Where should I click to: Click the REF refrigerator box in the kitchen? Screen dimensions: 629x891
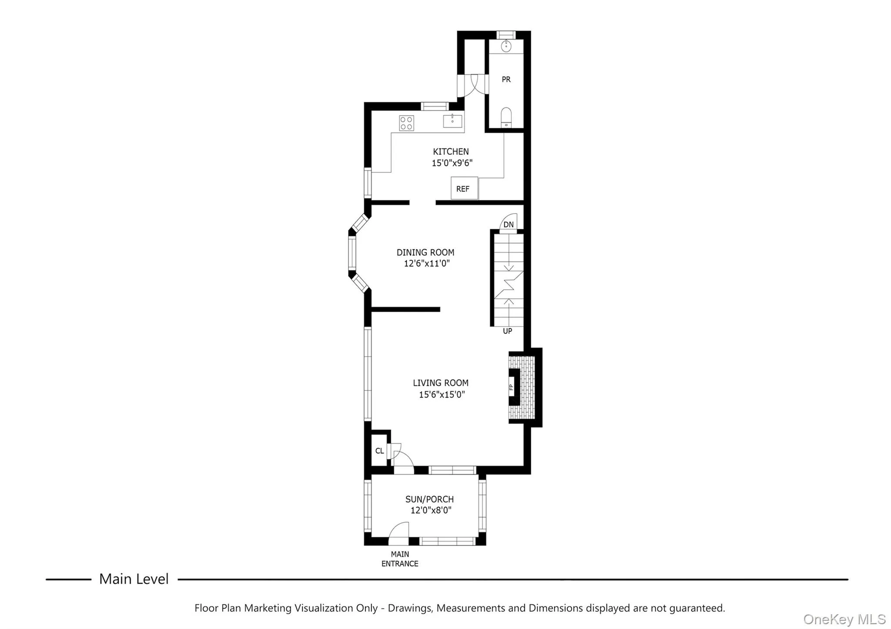point(464,188)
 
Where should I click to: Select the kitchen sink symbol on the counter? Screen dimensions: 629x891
point(452,120)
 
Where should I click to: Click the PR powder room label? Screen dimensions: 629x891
point(506,79)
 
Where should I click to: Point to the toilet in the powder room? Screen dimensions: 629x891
point(506,117)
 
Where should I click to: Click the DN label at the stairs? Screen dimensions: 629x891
point(508,224)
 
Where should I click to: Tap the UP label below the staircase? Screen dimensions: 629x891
point(507,331)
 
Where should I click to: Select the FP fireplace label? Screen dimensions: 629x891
point(512,387)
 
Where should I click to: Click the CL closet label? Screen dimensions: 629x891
point(379,451)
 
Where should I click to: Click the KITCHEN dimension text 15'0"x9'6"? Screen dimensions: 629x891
point(452,163)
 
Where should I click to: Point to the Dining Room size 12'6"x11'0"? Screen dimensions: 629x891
point(426,263)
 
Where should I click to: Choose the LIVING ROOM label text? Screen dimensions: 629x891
point(440,383)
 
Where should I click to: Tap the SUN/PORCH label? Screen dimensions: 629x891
point(429,499)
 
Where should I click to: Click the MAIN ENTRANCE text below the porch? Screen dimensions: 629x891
point(400,559)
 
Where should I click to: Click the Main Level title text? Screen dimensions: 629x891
point(134,579)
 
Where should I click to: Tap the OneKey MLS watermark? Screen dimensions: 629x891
point(844,619)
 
